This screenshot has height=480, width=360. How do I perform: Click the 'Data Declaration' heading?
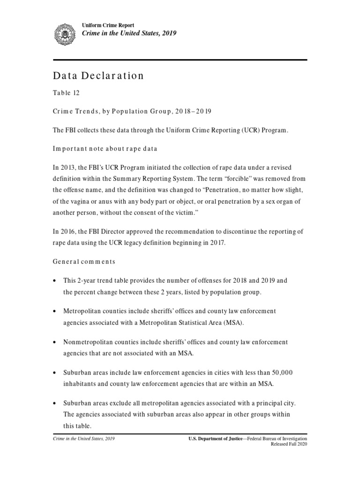pos(98,76)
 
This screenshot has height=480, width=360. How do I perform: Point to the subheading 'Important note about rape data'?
pos(105,149)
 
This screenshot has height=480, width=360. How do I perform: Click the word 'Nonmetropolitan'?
pos(86,342)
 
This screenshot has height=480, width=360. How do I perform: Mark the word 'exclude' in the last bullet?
pos(117,403)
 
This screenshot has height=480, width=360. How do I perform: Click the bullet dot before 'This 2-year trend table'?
pos(55,281)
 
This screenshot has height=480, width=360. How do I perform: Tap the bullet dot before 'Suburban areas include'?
pos(55,373)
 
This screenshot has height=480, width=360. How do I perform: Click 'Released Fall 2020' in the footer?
pos(289,444)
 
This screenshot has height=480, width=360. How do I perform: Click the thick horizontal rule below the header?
pos(180,60)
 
